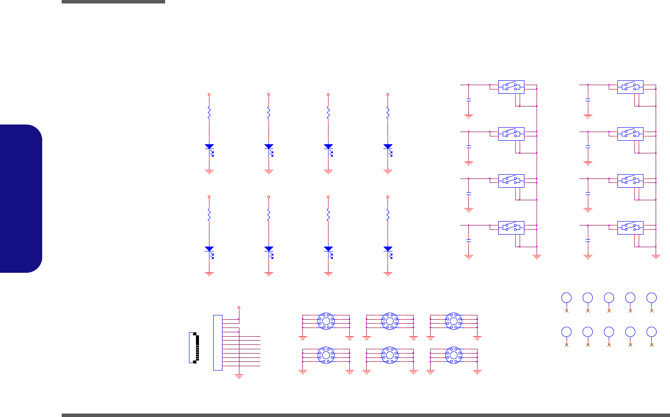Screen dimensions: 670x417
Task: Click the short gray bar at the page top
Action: (113, 2)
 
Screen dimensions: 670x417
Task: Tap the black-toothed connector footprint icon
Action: (193, 347)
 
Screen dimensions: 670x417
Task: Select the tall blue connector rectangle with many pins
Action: (218, 343)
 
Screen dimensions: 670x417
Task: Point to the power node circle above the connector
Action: (239, 307)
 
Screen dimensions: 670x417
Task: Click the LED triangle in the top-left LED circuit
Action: (209, 147)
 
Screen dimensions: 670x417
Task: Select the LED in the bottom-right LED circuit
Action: (388, 249)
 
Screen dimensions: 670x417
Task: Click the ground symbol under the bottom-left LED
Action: (209, 274)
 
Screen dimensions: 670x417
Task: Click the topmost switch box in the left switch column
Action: (511, 86)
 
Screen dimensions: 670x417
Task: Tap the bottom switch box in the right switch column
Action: (630, 228)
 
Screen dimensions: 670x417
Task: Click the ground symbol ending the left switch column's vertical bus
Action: (537, 258)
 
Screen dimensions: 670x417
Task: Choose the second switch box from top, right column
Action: (630, 134)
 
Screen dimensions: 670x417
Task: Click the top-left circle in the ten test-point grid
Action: (566, 298)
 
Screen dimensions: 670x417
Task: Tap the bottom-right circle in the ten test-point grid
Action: (651, 332)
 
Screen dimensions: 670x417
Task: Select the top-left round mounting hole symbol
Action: (326, 321)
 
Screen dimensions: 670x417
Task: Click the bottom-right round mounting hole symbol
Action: (454, 355)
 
